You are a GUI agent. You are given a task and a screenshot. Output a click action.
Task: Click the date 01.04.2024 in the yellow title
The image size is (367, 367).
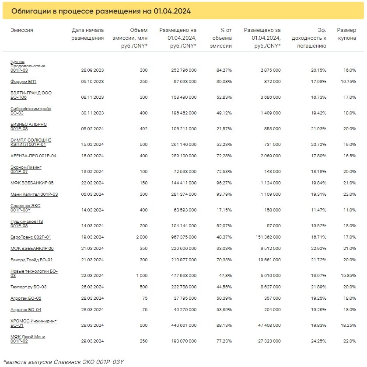click(x=172, y=11)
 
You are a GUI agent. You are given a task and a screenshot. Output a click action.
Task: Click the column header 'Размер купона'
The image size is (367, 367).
click(x=346, y=34)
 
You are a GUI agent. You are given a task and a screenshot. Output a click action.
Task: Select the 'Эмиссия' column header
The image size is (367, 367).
click(x=22, y=30)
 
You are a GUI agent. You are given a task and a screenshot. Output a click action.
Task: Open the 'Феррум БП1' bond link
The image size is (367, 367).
click(x=24, y=81)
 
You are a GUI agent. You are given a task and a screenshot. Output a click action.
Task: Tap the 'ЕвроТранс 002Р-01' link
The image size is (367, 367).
click(x=31, y=237)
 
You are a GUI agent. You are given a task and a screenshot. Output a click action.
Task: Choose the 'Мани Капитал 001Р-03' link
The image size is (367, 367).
click(x=34, y=194)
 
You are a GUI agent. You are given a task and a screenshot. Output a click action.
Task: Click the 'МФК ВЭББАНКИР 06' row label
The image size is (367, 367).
click(x=32, y=248)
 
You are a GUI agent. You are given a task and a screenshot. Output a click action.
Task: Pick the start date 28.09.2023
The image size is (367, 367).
click(x=92, y=70)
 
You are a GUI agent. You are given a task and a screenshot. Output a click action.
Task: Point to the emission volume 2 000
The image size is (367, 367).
click(x=142, y=237)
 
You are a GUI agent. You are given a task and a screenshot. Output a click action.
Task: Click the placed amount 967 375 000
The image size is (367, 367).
click(x=184, y=237)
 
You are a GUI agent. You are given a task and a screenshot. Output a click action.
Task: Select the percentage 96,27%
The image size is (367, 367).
click(x=224, y=183)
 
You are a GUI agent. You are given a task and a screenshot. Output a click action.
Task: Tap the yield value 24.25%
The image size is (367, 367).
click(x=318, y=341)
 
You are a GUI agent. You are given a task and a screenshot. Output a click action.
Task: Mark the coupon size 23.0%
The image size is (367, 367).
click(x=350, y=194)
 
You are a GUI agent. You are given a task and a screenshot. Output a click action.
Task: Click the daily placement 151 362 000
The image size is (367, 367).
click(x=268, y=237)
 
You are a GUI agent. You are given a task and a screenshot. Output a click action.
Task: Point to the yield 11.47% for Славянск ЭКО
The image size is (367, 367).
click(x=318, y=210)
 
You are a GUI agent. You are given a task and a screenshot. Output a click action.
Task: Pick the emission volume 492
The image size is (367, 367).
click(x=143, y=129)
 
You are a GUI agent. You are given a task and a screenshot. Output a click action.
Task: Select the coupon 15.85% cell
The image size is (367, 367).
click(x=349, y=276)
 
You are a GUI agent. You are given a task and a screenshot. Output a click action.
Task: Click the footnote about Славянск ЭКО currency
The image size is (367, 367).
click(x=63, y=362)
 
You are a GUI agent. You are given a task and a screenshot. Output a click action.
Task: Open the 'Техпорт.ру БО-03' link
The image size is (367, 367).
click(x=28, y=287)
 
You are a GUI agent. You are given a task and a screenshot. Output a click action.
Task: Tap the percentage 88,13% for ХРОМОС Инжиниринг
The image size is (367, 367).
click(x=224, y=325)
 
